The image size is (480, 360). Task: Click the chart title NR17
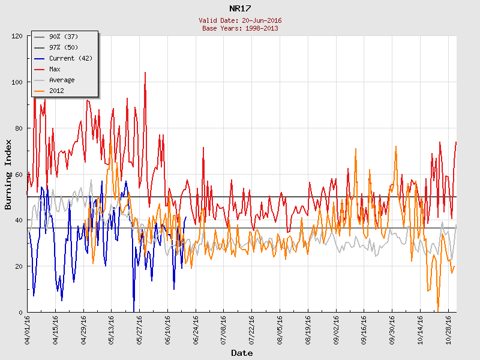[x=240, y=8]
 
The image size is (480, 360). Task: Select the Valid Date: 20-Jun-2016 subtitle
[x=240, y=20]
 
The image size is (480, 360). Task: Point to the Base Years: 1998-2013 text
[x=240, y=28]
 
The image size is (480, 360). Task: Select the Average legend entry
[x=62, y=80]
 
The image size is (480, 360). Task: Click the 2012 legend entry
[x=57, y=91]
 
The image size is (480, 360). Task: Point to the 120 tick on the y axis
[x=16, y=36]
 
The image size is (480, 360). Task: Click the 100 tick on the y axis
[x=16, y=82]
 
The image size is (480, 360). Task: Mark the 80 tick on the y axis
[x=18, y=128]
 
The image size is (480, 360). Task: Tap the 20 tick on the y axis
[x=18, y=266]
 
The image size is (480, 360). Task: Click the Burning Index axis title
[x=8, y=174]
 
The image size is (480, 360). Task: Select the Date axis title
[x=242, y=353]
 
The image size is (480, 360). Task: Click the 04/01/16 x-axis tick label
[x=28, y=329]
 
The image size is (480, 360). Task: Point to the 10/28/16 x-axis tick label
[x=448, y=329]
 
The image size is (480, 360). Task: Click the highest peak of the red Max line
[x=145, y=73]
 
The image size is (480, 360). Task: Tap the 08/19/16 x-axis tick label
[x=308, y=329]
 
